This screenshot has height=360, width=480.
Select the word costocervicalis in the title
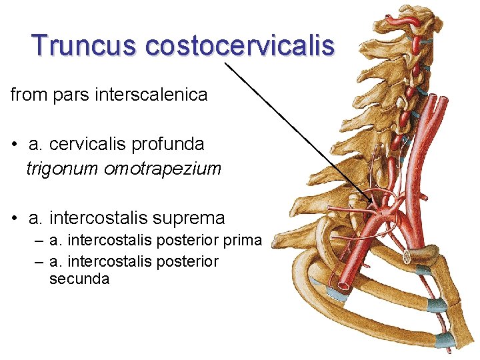point(239,45)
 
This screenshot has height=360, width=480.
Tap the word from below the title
point(28,95)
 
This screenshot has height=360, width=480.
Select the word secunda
point(79,279)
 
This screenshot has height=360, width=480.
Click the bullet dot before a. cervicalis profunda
point(14,145)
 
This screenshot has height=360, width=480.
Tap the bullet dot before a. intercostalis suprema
point(14,219)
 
